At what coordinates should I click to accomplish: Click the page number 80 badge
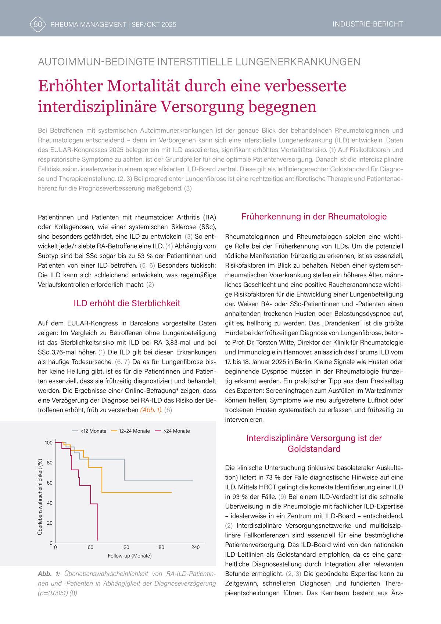pyautogui.click(x=38, y=24)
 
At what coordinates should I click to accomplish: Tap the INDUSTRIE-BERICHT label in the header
pyautogui.click(x=367, y=24)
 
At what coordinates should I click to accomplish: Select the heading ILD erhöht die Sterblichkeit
pyautogui.click(x=127, y=303)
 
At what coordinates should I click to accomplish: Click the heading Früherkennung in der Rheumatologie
pyautogui.click(x=314, y=217)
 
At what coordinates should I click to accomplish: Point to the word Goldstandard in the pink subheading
pyautogui.click(x=314, y=449)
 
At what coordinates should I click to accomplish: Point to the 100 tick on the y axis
pyautogui.click(x=49, y=443)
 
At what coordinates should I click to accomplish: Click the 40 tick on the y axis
pyautogui.click(x=50, y=503)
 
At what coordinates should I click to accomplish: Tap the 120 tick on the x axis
pyautogui.click(x=125, y=547)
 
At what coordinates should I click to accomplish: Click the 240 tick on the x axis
pyautogui.click(x=195, y=547)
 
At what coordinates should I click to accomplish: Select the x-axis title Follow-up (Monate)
pyautogui.click(x=130, y=556)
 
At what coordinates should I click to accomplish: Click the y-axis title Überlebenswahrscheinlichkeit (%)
pyautogui.click(x=40, y=496)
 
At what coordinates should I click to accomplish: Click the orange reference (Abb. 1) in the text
pyautogui.click(x=151, y=410)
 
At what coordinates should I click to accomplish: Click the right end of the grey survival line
pyautogui.click(x=192, y=480)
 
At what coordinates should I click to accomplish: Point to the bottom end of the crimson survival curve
pyautogui.click(x=97, y=540)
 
